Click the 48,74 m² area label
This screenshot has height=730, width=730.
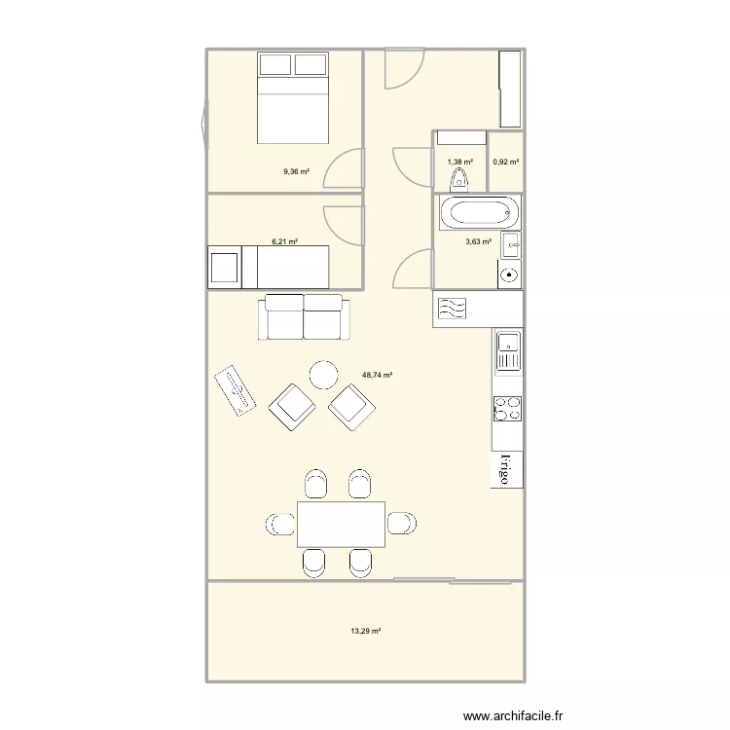click(x=377, y=375)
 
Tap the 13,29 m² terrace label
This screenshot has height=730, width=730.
click(x=365, y=632)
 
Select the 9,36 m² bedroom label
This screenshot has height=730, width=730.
click(x=297, y=171)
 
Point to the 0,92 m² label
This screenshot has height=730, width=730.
click(x=505, y=162)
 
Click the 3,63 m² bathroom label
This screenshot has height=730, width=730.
click(x=479, y=241)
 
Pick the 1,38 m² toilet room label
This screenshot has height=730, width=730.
click(x=460, y=162)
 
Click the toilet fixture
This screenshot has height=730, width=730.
click(x=459, y=180)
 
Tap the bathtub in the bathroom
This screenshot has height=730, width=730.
click(x=480, y=213)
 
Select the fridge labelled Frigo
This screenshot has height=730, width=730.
click(x=507, y=469)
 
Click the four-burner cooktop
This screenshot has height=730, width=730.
click(x=507, y=409)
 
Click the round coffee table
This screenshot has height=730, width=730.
click(x=324, y=375)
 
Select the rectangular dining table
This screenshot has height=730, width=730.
click(x=341, y=525)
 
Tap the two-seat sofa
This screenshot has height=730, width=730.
click(x=304, y=317)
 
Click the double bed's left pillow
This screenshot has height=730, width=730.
click(x=275, y=64)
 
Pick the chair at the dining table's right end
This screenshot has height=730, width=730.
click(x=402, y=524)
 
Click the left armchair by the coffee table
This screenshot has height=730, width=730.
click(x=292, y=408)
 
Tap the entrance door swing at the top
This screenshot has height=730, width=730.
click(x=405, y=68)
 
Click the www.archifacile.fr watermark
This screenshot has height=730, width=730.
click(x=513, y=715)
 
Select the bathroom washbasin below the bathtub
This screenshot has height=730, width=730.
click(x=511, y=245)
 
